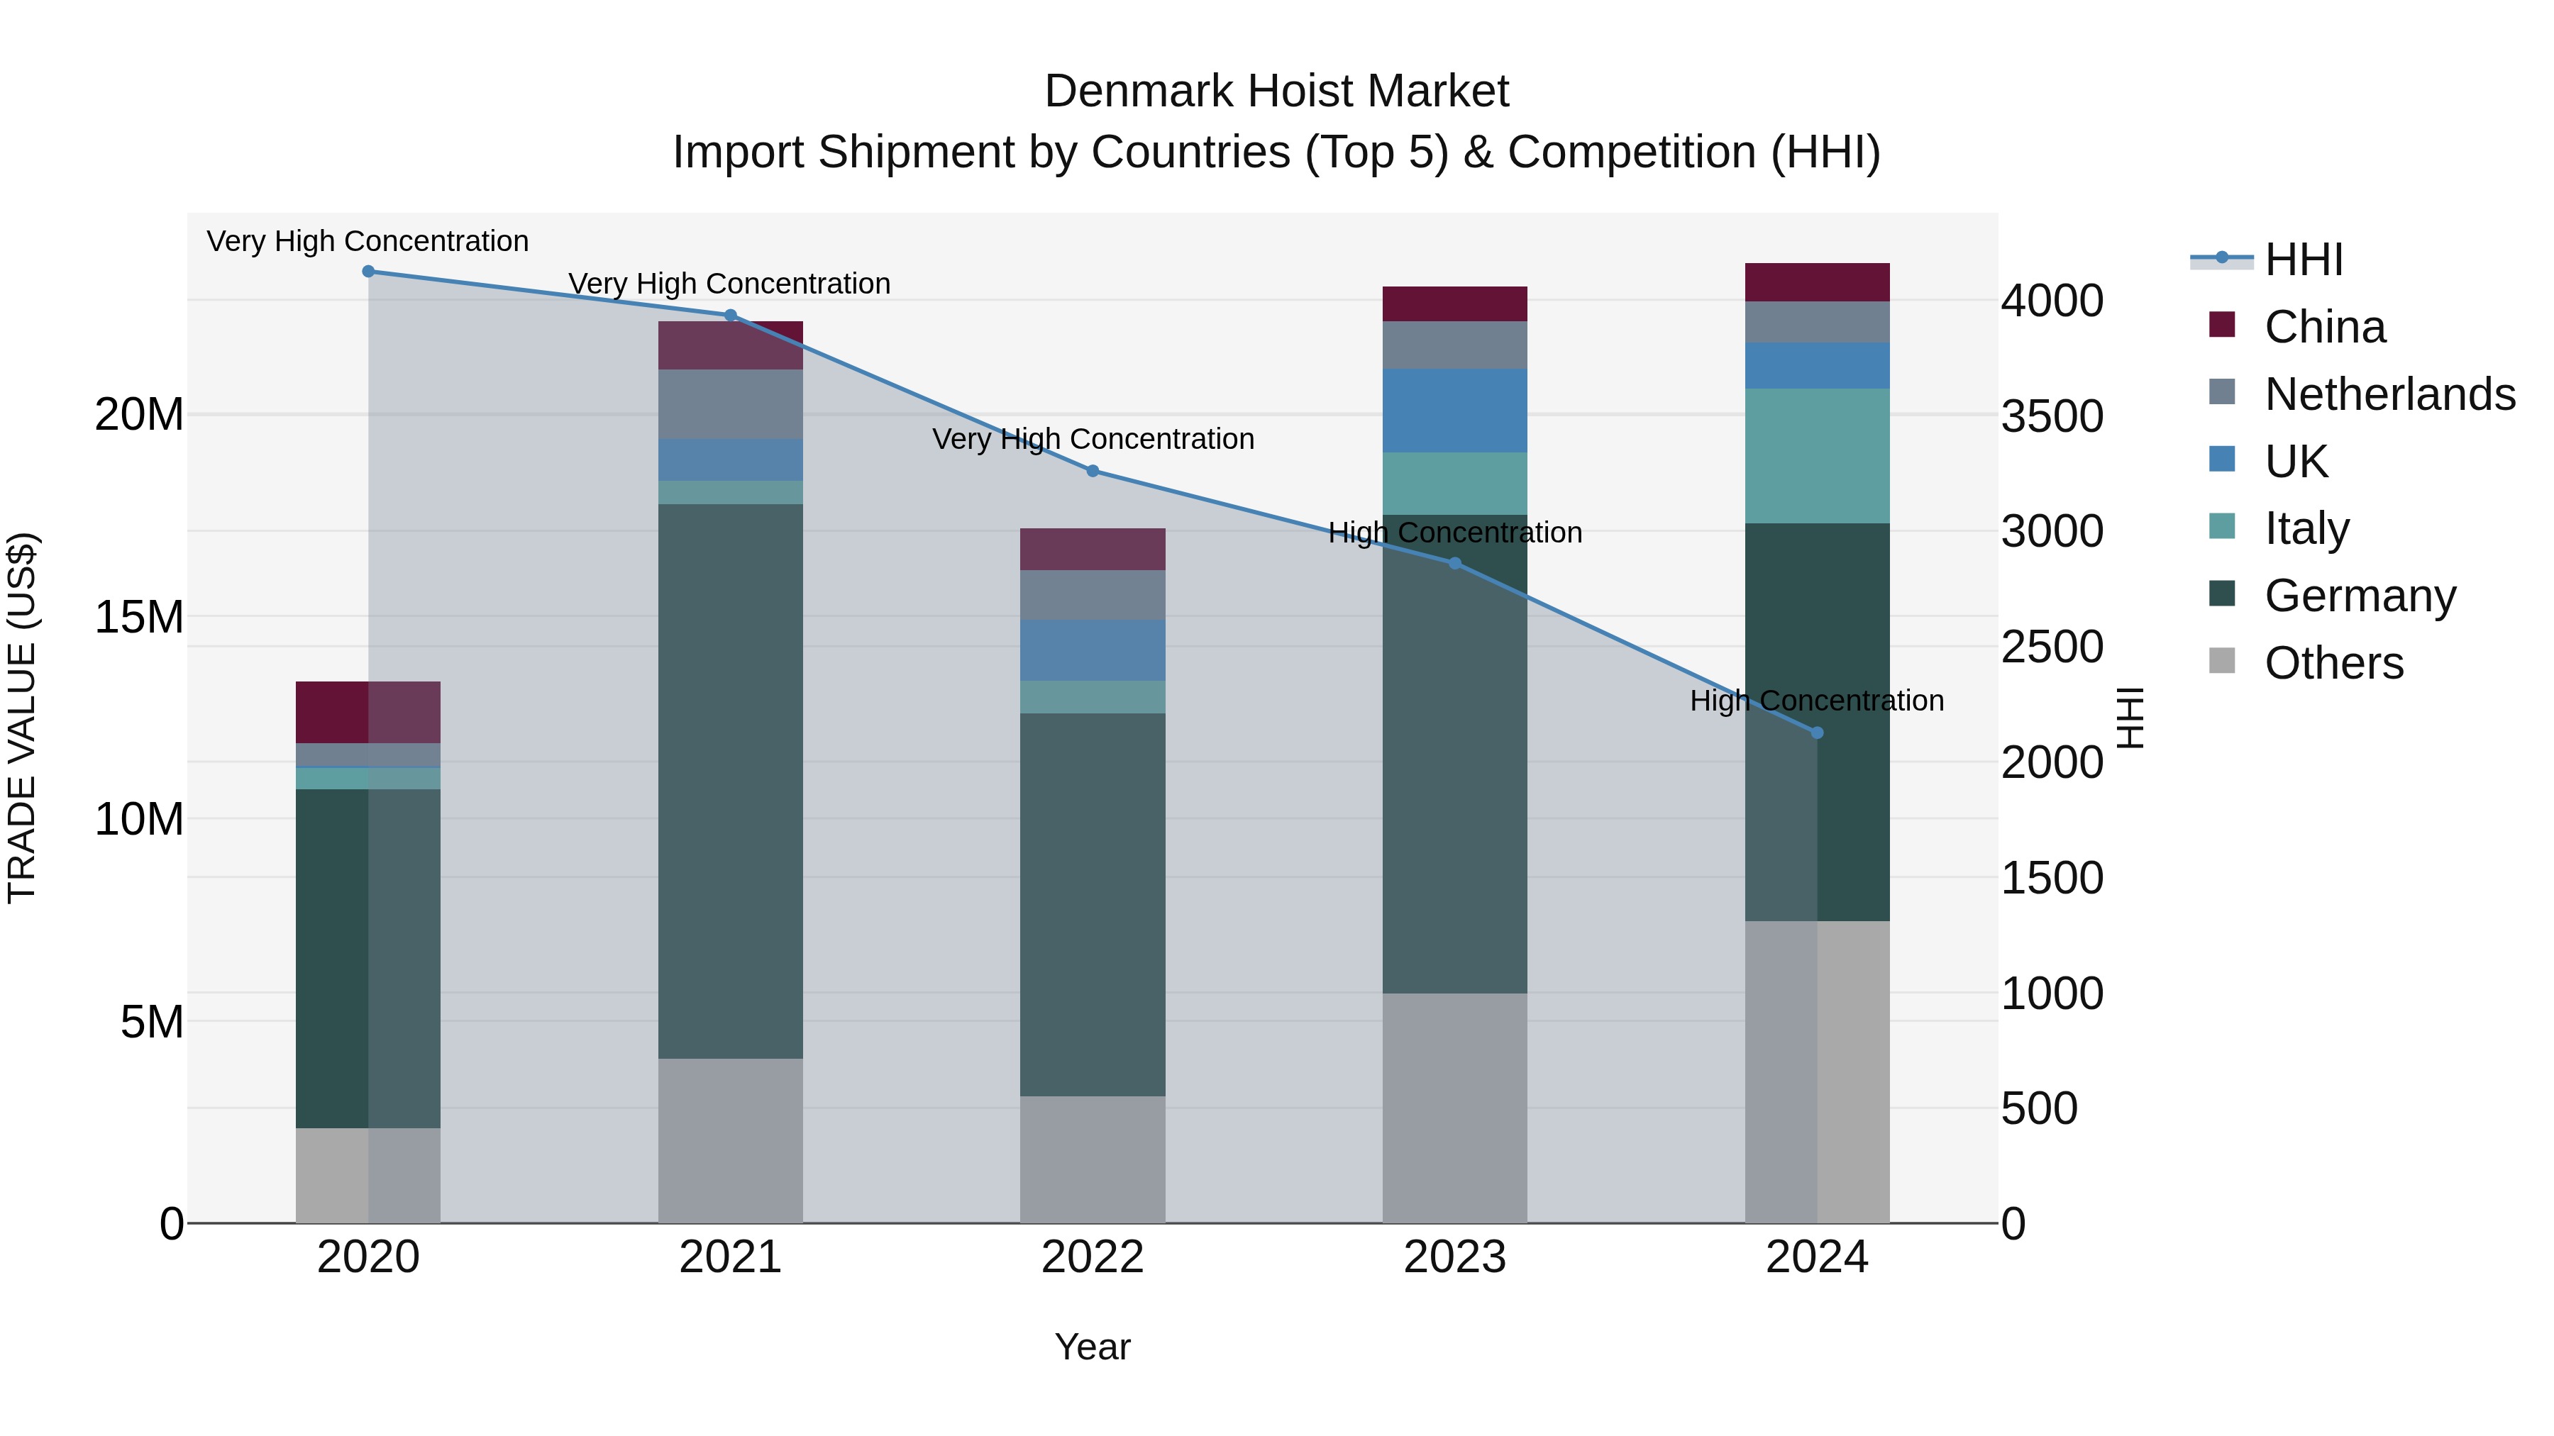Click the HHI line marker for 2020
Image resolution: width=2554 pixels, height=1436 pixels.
[367, 272]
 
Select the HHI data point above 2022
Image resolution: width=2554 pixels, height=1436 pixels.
[1093, 471]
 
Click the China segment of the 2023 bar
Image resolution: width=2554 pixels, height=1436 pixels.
[1454, 304]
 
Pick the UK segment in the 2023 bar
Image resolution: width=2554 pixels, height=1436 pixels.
[1454, 411]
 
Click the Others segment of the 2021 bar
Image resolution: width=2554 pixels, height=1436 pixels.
[731, 1140]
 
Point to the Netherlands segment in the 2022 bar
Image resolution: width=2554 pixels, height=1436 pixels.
[1093, 595]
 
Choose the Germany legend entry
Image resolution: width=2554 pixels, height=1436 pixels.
[2360, 596]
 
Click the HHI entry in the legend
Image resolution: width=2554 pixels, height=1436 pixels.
[2303, 260]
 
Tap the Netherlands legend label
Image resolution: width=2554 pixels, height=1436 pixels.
[2389, 394]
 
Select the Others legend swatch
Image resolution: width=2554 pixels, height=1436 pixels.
[2222, 661]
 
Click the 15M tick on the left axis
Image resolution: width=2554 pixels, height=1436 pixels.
[139, 618]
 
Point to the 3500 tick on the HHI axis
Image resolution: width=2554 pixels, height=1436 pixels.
[2051, 416]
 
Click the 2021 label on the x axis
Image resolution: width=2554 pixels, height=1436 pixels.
[731, 1257]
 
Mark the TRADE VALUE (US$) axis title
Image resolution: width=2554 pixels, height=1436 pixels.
[22, 718]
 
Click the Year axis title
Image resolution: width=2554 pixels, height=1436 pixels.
[1093, 1347]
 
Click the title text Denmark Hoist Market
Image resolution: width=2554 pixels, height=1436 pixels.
[1276, 91]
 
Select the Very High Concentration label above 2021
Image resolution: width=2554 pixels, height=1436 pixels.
[730, 284]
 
